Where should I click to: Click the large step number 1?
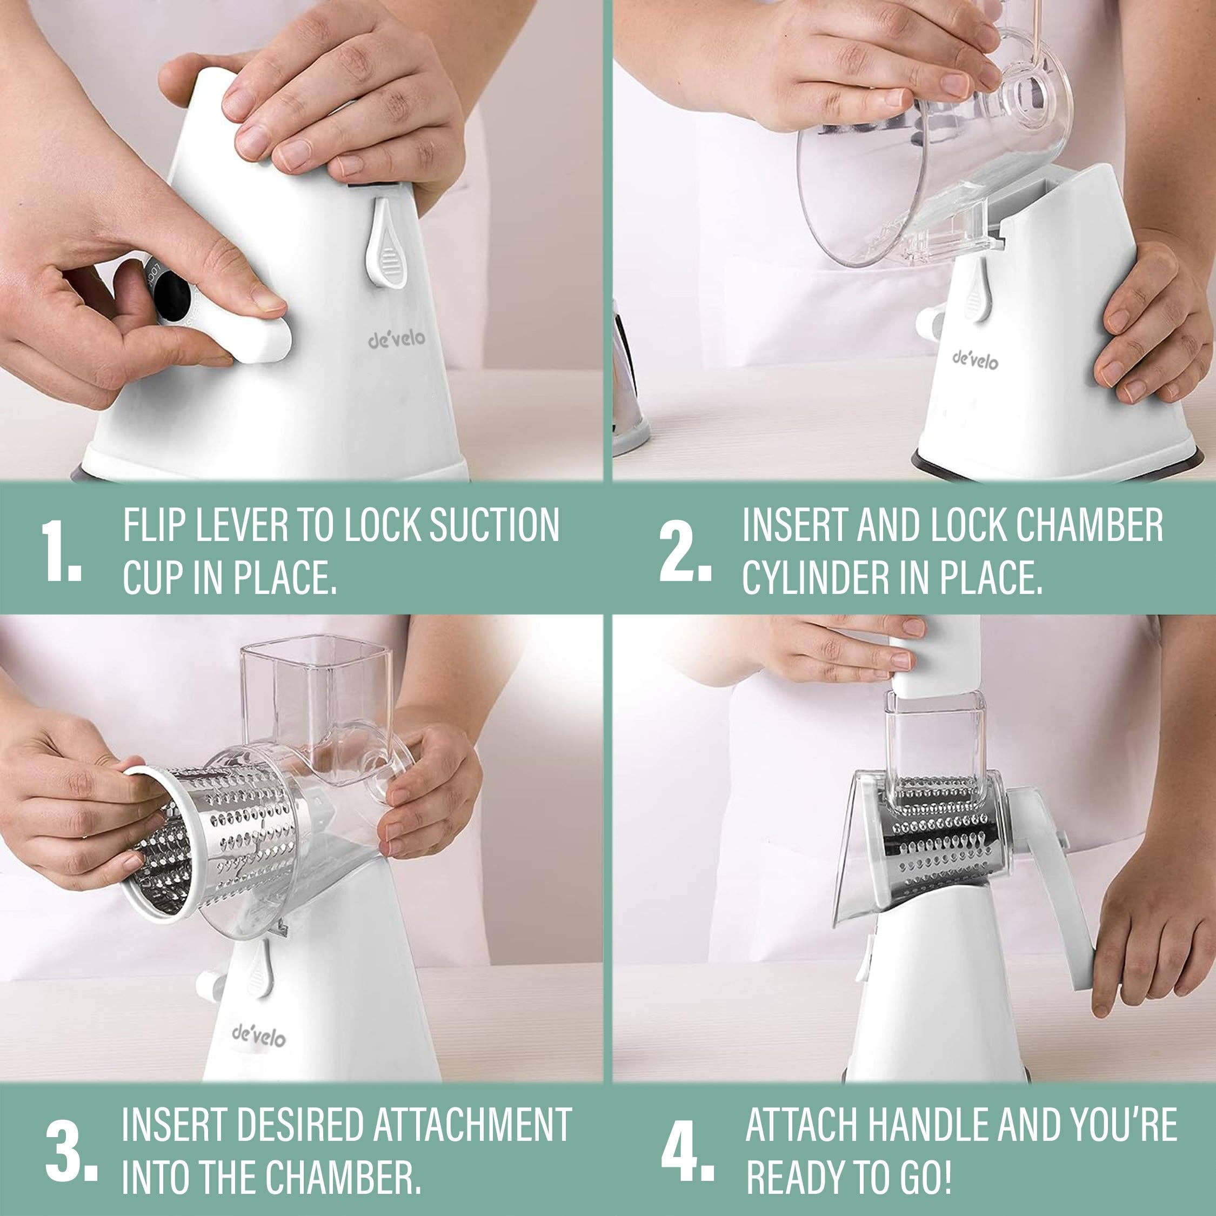61,551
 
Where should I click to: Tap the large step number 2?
685,551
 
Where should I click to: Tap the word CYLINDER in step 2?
815,577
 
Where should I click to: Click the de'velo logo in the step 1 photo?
397,340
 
